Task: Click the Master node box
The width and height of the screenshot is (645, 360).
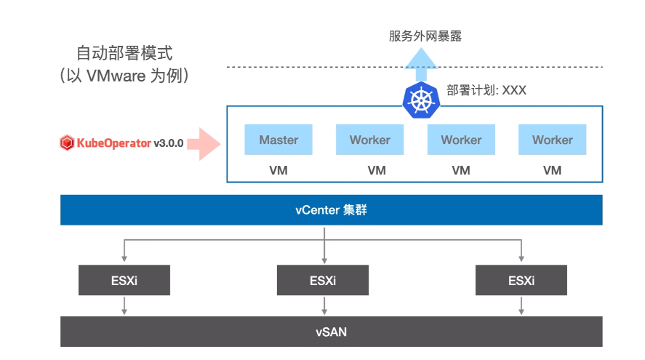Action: coord(279,140)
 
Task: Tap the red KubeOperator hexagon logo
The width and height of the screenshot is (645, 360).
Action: coord(67,143)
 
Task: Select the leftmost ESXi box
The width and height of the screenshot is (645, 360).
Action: coord(124,280)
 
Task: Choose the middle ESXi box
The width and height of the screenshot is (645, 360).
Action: coord(323,280)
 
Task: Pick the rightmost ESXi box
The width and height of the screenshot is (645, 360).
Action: coord(521,280)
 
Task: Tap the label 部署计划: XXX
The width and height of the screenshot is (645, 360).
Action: coord(486,91)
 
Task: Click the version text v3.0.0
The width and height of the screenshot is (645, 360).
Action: coord(169,143)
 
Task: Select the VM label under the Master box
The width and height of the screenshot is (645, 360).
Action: coord(279,170)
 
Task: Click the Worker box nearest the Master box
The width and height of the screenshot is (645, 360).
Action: coord(369,140)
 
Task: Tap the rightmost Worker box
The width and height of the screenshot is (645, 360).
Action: coord(552,140)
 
